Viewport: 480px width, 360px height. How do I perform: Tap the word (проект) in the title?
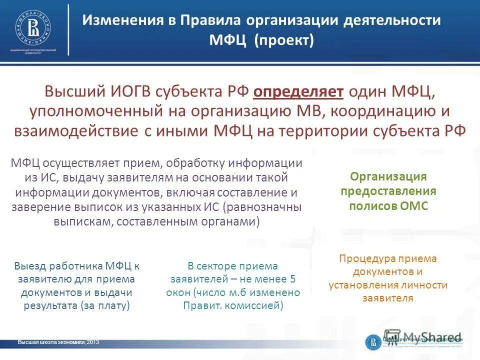click(283, 39)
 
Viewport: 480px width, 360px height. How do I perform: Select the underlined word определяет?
click(298, 91)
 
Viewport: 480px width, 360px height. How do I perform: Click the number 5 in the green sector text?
click(293, 279)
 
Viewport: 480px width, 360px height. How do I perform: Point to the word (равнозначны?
click(263, 207)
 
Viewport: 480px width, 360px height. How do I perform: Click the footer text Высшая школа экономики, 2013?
click(58, 342)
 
